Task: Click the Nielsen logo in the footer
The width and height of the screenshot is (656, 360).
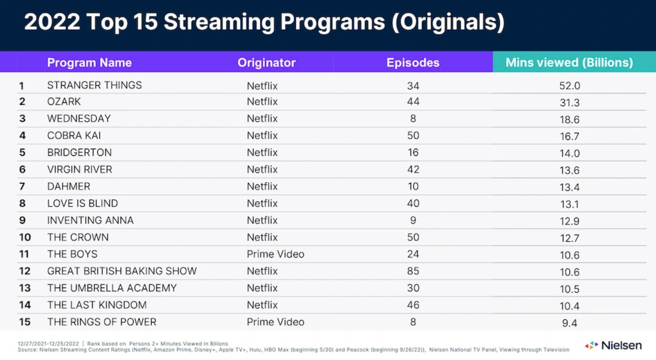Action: tap(614, 345)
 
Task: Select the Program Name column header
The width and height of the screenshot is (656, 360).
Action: tap(89, 63)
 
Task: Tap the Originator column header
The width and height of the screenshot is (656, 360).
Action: tap(266, 63)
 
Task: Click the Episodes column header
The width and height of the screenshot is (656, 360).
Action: tap(413, 63)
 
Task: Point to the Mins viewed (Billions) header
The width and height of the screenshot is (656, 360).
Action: tap(569, 63)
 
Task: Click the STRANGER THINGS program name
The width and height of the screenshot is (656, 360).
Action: tap(94, 85)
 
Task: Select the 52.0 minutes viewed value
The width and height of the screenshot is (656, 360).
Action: tap(569, 86)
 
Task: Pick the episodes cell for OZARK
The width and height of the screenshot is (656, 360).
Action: tap(413, 102)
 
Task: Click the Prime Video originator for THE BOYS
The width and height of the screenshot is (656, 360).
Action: tap(275, 254)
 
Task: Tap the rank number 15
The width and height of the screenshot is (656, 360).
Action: tap(25, 322)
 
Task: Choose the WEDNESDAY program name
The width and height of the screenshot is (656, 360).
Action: tap(79, 119)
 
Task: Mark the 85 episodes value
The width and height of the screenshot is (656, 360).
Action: tap(413, 271)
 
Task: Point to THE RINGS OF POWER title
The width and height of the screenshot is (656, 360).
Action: tap(102, 322)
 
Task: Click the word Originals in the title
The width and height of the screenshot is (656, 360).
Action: tap(448, 22)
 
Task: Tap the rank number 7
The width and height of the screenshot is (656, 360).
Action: tap(22, 187)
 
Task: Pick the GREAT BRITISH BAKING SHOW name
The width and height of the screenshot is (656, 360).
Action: tap(122, 271)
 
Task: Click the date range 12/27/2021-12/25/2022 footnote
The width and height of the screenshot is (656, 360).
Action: tap(48, 344)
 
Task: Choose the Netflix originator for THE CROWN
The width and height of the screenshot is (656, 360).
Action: tap(262, 237)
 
